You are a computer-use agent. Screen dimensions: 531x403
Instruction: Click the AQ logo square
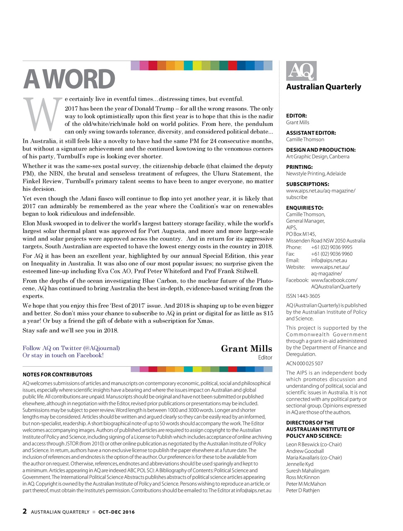click(x=301, y=71)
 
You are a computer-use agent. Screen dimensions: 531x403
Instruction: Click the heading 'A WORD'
click(x=69, y=79)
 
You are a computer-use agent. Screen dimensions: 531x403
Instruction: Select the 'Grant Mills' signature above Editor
click(x=246, y=349)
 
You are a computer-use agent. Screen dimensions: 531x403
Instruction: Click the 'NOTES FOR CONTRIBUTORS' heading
click(x=57, y=375)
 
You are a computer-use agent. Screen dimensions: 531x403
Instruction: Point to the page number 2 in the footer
click(x=25, y=511)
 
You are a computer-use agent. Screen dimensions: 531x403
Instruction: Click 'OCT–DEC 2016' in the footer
click(x=117, y=512)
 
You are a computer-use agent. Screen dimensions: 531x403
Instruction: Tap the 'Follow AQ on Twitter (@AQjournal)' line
click(x=71, y=348)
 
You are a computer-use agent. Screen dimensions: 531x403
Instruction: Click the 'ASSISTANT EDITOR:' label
click(x=311, y=133)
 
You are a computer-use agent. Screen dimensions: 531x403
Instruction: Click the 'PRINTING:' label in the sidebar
click(x=299, y=167)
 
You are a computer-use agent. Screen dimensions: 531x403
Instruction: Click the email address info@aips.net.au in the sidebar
click(x=329, y=261)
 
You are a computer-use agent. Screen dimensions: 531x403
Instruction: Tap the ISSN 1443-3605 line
click(x=303, y=296)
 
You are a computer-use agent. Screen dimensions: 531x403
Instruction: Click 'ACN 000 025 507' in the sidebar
click(x=304, y=363)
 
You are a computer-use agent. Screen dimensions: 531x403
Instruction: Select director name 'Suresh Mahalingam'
click(x=308, y=471)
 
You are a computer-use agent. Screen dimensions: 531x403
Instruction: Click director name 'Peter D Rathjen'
click(x=303, y=490)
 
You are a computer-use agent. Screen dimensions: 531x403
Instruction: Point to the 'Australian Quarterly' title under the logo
click(x=323, y=87)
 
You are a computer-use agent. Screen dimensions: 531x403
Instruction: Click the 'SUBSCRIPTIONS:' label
click(x=308, y=184)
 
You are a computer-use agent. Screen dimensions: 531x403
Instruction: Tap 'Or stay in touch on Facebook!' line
click(x=63, y=356)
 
